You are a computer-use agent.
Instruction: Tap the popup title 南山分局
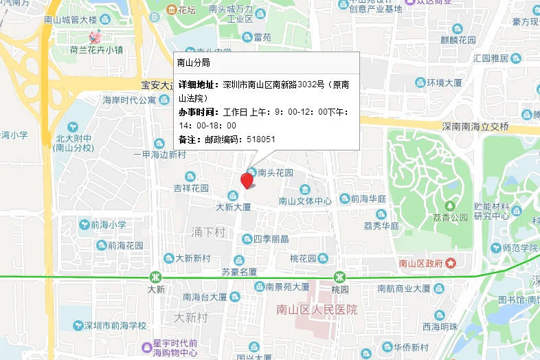[193, 63]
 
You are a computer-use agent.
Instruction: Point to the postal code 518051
[261, 139]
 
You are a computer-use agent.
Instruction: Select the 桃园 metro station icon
[339, 276]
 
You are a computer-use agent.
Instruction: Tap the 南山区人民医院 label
[317, 310]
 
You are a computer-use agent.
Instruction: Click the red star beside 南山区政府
[451, 263]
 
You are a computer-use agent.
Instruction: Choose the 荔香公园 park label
[450, 216]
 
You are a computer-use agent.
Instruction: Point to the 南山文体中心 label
[305, 201]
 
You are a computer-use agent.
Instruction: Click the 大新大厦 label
[234, 206]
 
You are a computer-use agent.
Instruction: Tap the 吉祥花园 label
[190, 188]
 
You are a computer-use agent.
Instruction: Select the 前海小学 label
[109, 225]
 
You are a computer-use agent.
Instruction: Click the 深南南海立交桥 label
[474, 126]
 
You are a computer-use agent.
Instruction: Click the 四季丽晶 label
[271, 239]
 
